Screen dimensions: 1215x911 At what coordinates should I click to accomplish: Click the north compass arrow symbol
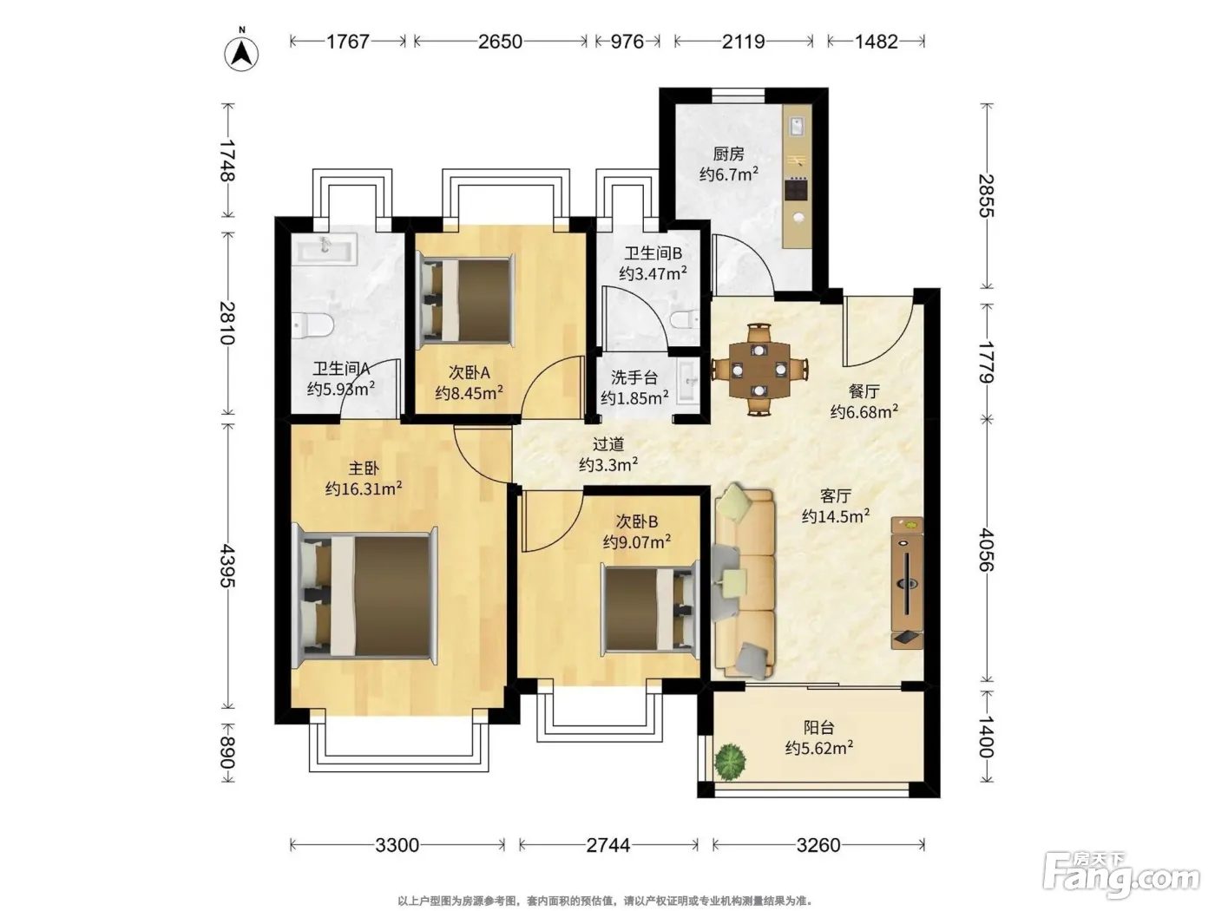coord(241,54)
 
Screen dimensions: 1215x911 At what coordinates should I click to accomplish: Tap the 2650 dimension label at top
coord(500,42)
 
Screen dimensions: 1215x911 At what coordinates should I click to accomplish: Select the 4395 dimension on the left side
coord(227,566)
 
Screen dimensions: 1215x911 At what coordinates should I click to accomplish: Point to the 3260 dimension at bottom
coord(818,844)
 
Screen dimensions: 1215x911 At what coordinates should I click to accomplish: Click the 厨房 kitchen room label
coord(728,154)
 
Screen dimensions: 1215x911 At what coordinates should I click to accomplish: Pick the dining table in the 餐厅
coord(759,370)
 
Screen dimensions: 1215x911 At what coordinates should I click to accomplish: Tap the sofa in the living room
coord(744,581)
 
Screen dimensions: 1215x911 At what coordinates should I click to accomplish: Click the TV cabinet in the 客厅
coord(907,582)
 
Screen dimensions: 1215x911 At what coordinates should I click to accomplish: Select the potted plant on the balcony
coord(730,762)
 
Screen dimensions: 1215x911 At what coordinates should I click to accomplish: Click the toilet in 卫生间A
coord(312,325)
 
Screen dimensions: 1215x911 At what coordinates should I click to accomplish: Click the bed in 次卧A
coord(465,299)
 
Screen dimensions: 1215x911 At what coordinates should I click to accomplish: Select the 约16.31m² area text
coord(363,488)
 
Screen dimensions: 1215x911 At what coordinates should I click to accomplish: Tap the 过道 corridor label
coord(608,444)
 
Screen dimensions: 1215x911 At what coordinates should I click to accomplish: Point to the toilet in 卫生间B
coord(685,319)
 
